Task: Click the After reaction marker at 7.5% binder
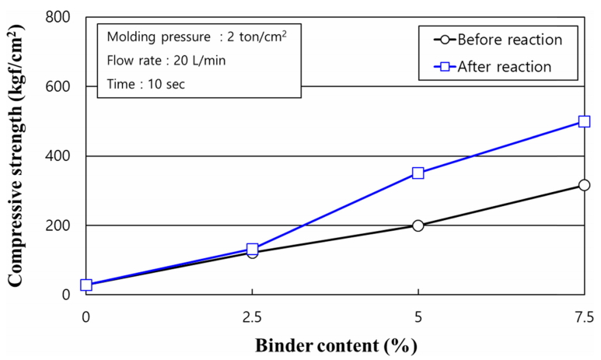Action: click(x=584, y=121)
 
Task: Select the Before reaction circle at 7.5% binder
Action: click(x=584, y=185)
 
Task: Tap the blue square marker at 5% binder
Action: click(x=418, y=173)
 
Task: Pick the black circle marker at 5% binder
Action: click(x=418, y=225)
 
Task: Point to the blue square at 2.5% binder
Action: click(x=252, y=249)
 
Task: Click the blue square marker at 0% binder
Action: click(x=86, y=285)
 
